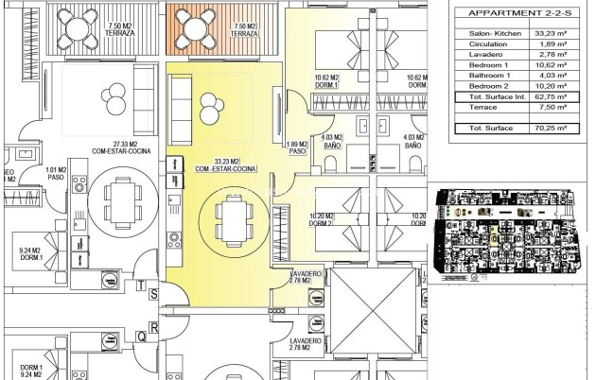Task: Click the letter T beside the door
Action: (140, 285)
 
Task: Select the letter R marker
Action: (153, 327)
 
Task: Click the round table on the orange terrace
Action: (199, 27)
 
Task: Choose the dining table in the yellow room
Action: (231, 222)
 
